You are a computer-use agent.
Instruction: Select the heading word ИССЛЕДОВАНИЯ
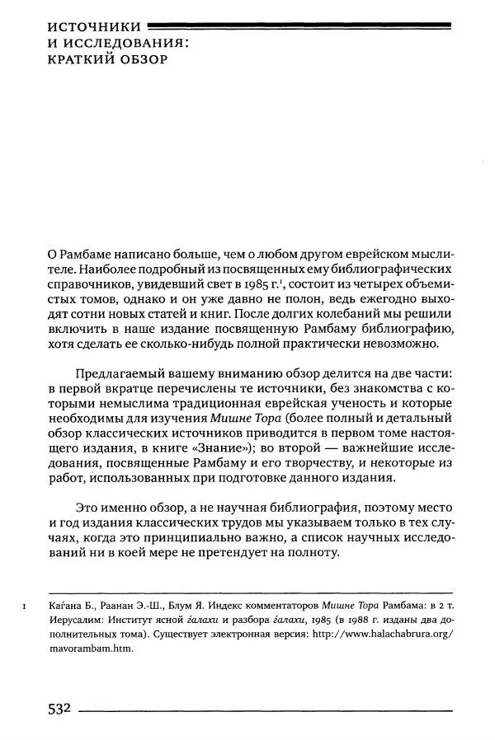124,43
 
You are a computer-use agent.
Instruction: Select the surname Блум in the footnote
163,609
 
